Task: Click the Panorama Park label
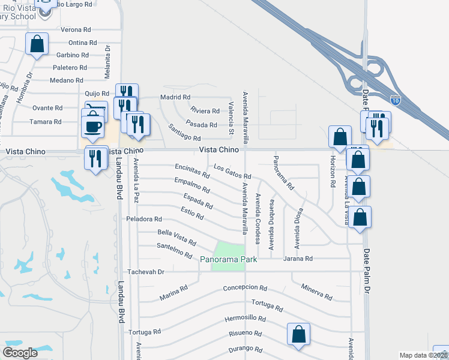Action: [229, 259]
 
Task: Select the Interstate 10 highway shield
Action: [394, 101]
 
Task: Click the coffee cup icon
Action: [92, 127]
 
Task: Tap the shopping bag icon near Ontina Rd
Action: [37, 44]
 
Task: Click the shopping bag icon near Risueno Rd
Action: [298, 334]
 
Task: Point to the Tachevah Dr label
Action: [145, 271]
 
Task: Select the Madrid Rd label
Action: [175, 97]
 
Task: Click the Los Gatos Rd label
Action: [232, 172]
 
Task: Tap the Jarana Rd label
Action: [298, 259]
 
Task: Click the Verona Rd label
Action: [76, 29]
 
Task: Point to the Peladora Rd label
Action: [144, 219]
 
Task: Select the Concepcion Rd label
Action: [244, 287]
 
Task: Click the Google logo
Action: [20, 353]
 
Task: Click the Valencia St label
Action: [231, 118]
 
